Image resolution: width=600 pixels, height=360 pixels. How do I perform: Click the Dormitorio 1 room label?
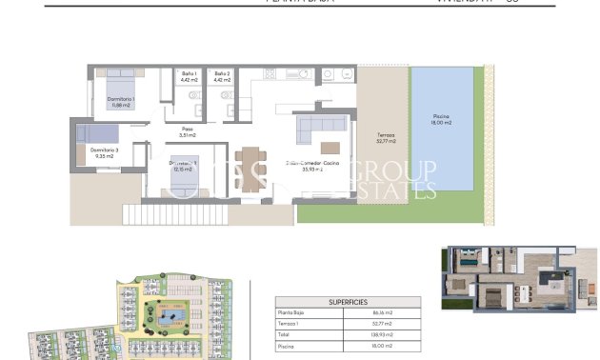click(119, 103)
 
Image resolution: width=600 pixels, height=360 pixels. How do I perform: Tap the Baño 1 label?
click(188, 76)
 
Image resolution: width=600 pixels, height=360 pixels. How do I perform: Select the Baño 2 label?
click(222, 76)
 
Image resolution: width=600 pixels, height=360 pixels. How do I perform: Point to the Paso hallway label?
click(188, 131)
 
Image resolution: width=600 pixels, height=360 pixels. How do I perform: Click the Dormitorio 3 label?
click(105, 152)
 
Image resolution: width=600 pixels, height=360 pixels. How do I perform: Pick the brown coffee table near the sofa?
click(330, 148)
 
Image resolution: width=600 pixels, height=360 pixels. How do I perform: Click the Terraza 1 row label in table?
click(288, 324)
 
